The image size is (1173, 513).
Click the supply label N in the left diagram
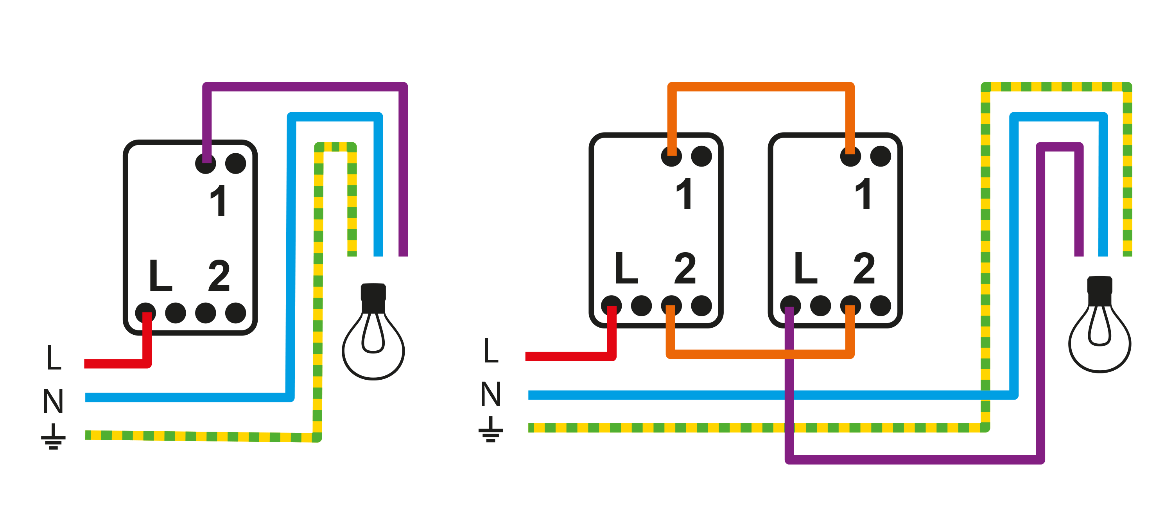[x=53, y=401]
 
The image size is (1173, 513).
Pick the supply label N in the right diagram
[x=490, y=394]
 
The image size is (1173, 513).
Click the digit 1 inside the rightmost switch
[x=864, y=194]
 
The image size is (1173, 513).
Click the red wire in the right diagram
[x=569, y=356]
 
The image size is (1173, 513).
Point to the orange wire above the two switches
[x=760, y=87]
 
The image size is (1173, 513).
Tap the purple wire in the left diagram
[x=305, y=87]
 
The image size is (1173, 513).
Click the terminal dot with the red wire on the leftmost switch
[x=146, y=313]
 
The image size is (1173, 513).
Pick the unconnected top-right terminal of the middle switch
[x=701, y=156]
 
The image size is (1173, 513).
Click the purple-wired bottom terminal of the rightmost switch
[x=790, y=305]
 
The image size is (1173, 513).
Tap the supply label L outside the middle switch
[x=490, y=350]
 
